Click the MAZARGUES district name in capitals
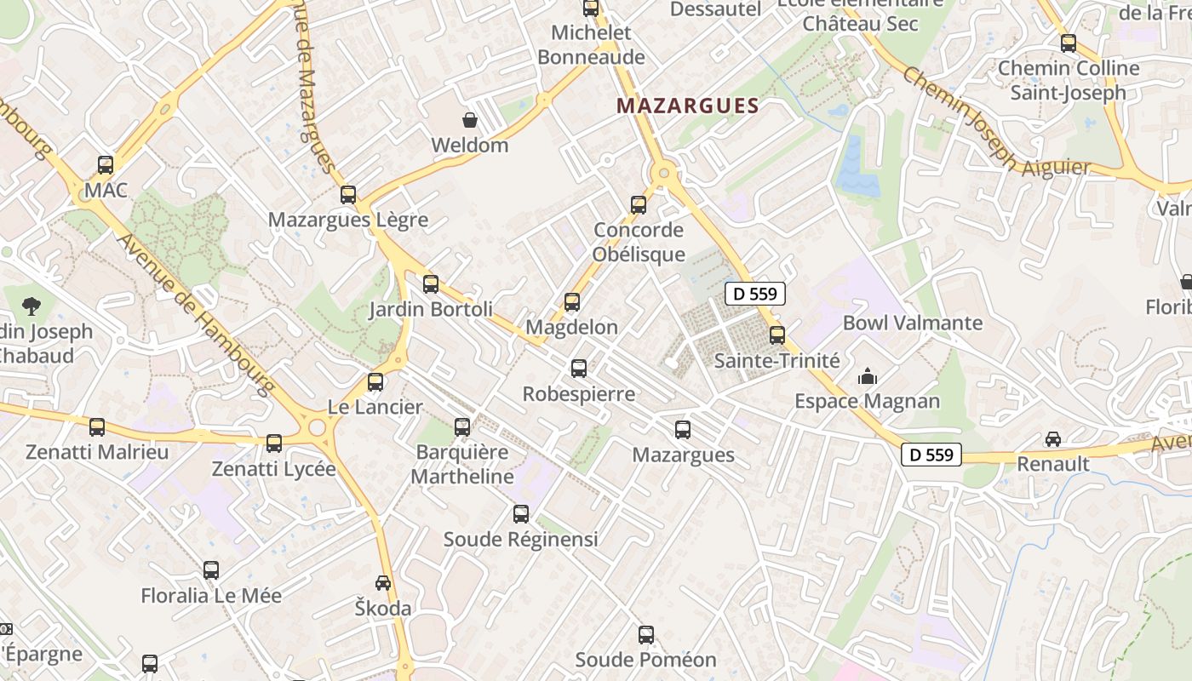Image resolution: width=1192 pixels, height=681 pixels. tap(687, 106)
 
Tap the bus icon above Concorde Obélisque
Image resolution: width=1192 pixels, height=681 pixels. tap(639, 204)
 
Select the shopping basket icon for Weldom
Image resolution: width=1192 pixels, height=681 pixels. tap(469, 119)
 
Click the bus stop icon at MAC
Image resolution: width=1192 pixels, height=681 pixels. tap(106, 165)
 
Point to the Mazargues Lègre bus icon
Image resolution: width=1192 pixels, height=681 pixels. tap(348, 194)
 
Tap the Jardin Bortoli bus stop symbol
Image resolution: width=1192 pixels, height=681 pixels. tap(431, 283)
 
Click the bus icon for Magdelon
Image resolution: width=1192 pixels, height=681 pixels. tap(572, 301)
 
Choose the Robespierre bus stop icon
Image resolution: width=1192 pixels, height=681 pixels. tap(579, 368)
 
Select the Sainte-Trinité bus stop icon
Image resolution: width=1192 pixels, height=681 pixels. tap(777, 335)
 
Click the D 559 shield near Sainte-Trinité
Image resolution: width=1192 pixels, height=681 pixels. tap(755, 295)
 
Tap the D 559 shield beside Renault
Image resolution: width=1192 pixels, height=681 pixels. tap(931, 455)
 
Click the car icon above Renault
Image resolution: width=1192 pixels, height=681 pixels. tap(1053, 439)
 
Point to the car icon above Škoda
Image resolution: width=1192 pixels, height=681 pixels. tap(383, 583)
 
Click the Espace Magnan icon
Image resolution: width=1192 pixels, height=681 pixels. tap(868, 375)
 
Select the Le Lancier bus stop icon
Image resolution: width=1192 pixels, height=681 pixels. tap(375, 382)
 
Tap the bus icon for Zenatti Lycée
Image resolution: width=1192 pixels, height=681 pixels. tap(274, 444)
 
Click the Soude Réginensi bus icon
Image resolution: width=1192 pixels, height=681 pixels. tap(521, 514)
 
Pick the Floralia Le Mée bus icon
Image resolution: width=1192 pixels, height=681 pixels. tap(211, 570)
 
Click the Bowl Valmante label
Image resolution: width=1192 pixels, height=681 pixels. tap(913, 323)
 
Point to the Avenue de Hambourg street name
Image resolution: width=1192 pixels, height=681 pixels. tap(197, 314)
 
